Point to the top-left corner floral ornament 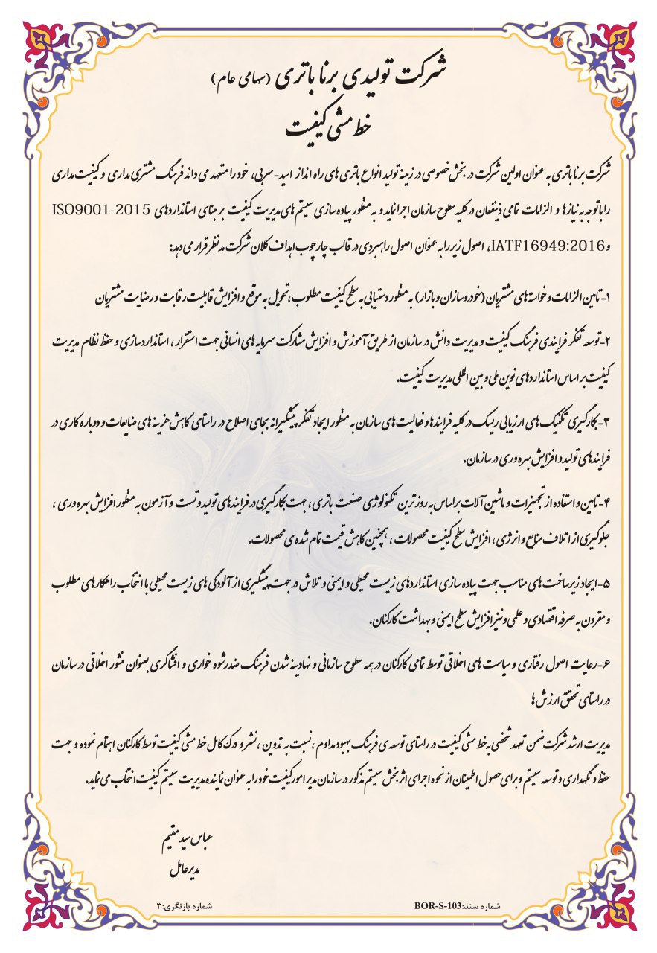(x=45, y=45)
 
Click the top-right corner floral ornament (x=612, y=45)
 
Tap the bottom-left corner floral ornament (x=45, y=908)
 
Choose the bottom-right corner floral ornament (x=612, y=908)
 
